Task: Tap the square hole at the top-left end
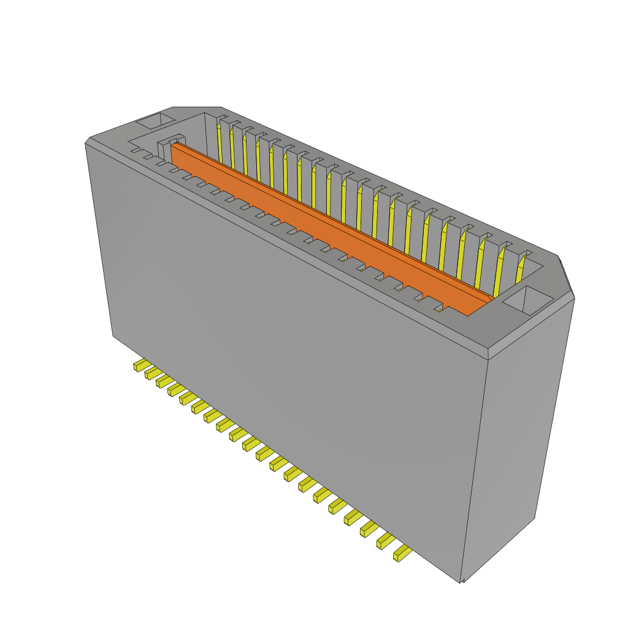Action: click(x=156, y=120)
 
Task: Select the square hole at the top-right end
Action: click(x=527, y=301)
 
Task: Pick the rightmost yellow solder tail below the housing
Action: click(x=403, y=553)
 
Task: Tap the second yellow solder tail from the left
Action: click(x=153, y=373)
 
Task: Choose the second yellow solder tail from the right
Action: click(x=386, y=540)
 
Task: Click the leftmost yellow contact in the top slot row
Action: click(x=219, y=144)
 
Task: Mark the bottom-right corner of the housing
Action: click(x=461, y=581)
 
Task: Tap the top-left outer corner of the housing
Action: click(x=87, y=142)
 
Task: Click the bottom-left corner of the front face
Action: click(x=113, y=335)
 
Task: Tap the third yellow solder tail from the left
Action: click(x=164, y=381)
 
